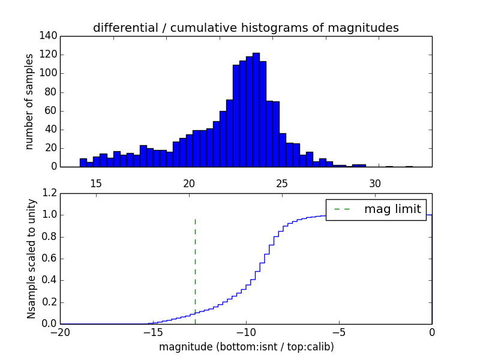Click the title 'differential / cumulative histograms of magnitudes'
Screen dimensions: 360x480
click(x=245, y=28)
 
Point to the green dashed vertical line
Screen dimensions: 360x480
click(x=195, y=270)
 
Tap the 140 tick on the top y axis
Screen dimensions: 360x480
click(x=50, y=36)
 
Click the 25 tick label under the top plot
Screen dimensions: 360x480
click(x=282, y=183)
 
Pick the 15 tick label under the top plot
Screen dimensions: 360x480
click(x=96, y=183)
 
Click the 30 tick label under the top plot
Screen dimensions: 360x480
click(x=375, y=183)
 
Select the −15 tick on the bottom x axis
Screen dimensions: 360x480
click(x=152, y=332)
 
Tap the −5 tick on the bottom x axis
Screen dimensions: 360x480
click(x=338, y=332)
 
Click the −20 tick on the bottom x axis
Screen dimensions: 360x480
click(x=60, y=332)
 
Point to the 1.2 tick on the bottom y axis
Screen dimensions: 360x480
click(x=49, y=193)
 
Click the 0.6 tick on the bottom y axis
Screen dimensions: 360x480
click(x=49, y=259)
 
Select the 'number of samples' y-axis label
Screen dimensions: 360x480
click(x=29, y=101)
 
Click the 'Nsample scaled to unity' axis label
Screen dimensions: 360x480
click(x=31, y=259)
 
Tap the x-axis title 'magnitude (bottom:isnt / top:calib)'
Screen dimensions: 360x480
click(x=246, y=347)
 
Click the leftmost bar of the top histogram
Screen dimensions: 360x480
click(x=83, y=163)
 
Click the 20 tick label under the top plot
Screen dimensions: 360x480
click(x=189, y=183)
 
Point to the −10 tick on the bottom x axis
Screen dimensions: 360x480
click(x=245, y=332)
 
